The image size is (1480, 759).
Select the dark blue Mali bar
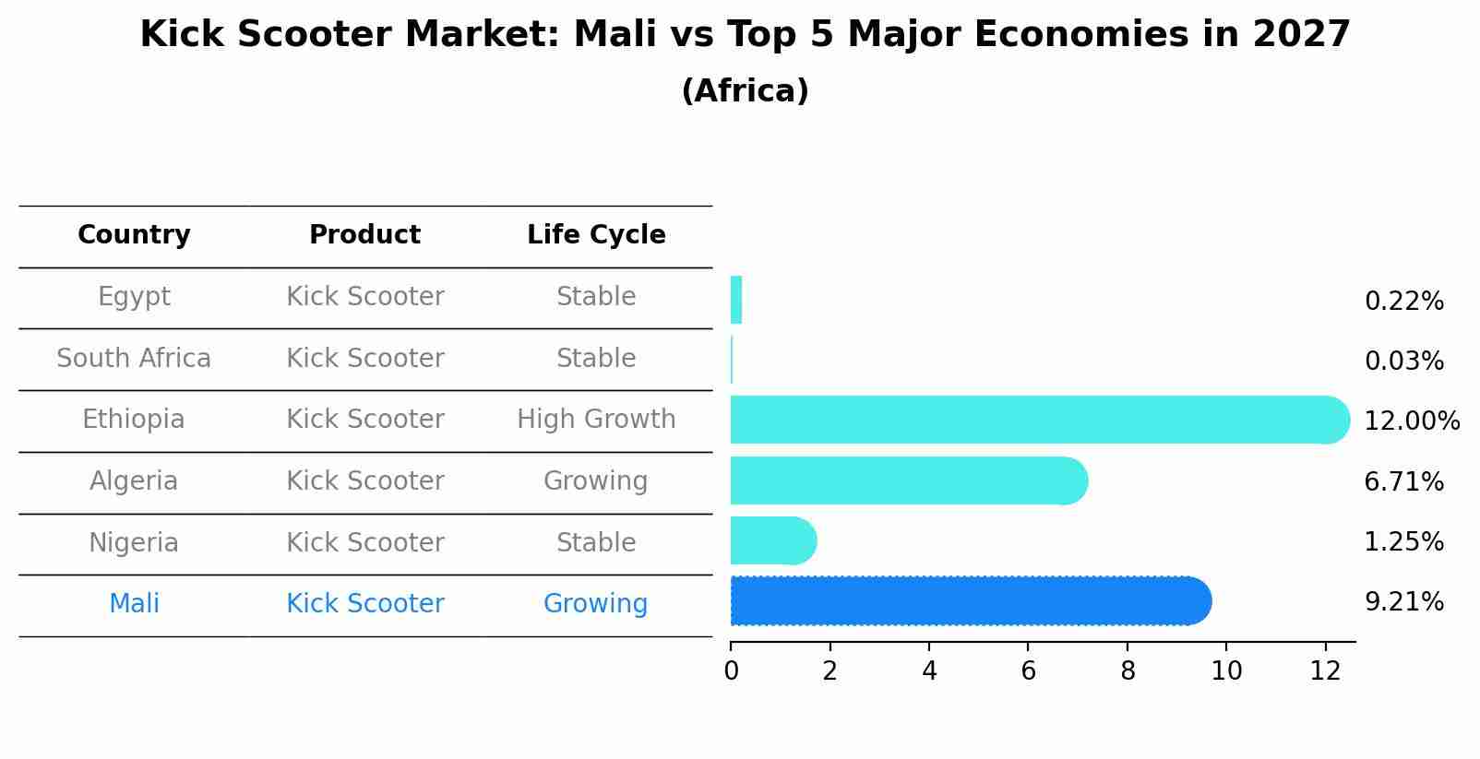969,601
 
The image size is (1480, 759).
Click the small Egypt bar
736,300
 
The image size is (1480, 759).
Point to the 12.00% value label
1412,421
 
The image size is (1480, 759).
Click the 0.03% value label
1403,362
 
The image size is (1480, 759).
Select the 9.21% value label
1403,602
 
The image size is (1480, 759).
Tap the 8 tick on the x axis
1128,671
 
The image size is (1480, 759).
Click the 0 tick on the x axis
731,671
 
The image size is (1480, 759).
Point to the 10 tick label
1226,671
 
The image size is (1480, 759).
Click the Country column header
134,235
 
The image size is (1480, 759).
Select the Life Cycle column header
596,235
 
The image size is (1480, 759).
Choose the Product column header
364,235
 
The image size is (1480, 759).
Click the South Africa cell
134,359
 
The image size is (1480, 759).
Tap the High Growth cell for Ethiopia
596,420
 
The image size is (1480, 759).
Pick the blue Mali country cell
134,604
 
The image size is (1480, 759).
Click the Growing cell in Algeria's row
595,481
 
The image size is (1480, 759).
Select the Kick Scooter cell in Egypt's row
364,297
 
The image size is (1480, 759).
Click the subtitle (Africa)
745,91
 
